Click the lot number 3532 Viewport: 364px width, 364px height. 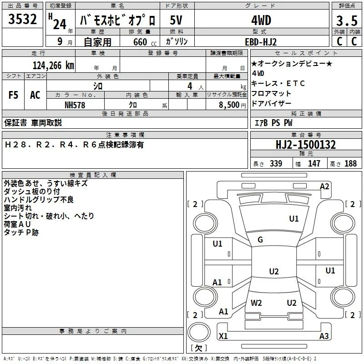pos(22,19)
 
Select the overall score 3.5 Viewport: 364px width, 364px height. pos(347,20)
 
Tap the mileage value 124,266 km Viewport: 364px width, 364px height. pos(53,66)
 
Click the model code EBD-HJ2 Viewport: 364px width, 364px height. pos(261,42)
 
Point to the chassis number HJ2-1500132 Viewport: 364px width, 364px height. pos(306,145)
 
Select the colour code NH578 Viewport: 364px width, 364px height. pos(75,105)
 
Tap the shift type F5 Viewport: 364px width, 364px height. pos(13,95)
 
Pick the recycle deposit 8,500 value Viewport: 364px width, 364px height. pos(229,105)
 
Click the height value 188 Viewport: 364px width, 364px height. pos(350,163)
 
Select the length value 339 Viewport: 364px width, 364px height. pos(276,163)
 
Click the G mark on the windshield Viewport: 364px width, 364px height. pos(260,240)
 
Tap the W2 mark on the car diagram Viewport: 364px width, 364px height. pos(256,303)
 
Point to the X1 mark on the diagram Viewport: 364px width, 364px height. pos(223,336)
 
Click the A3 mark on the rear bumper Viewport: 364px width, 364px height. pos(324,336)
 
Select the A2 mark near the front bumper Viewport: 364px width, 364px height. pos(324,187)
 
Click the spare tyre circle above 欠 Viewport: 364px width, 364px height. pos(199,332)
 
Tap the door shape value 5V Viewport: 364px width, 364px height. pos(176,20)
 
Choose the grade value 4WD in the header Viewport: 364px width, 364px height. pos(261,20)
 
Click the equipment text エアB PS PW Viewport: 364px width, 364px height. pos(273,123)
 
